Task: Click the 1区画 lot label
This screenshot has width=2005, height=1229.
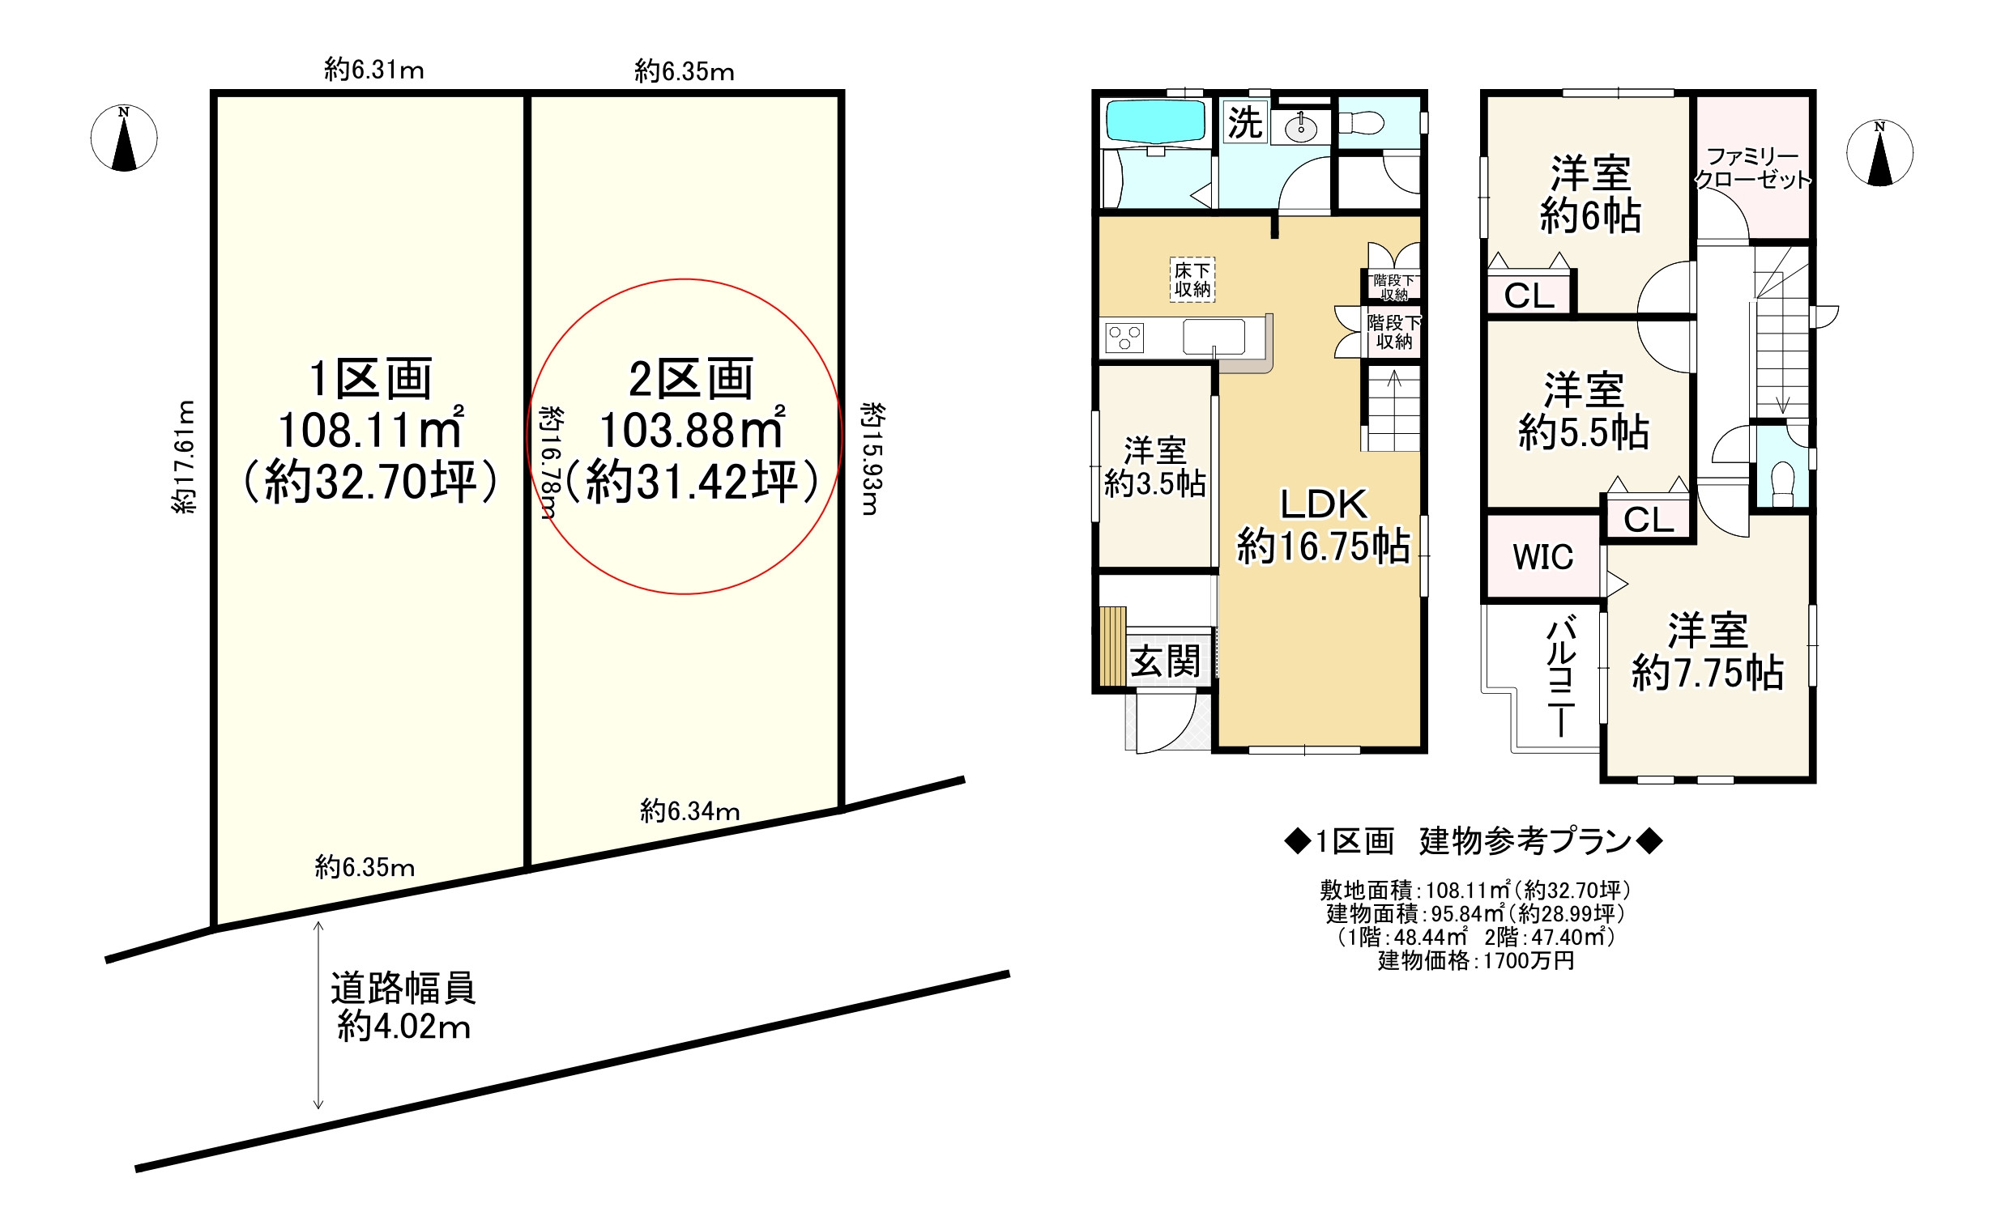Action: (371, 379)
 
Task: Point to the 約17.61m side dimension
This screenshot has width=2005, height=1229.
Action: (185, 457)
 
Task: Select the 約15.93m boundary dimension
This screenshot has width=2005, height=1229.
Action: (872, 459)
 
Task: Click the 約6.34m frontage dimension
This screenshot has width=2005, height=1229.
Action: (690, 811)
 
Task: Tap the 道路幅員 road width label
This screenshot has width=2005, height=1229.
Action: (403, 989)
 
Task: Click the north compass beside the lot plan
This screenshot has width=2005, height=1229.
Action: (124, 138)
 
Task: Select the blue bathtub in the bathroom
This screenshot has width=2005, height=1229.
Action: (1154, 122)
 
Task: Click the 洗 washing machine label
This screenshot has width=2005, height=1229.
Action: (1245, 123)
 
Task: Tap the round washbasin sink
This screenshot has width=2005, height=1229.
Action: (1301, 129)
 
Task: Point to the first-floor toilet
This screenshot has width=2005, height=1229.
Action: (1361, 124)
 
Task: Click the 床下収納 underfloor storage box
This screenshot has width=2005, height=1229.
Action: (1192, 280)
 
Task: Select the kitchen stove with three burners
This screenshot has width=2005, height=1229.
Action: (1124, 337)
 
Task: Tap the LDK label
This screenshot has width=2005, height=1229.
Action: (1324, 504)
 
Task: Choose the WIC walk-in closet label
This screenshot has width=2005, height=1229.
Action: (1542, 557)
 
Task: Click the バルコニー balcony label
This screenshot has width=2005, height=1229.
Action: (1561, 676)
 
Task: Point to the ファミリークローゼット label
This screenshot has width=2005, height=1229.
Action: (1753, 168)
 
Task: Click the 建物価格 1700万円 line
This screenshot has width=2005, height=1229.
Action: (1476, 960)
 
